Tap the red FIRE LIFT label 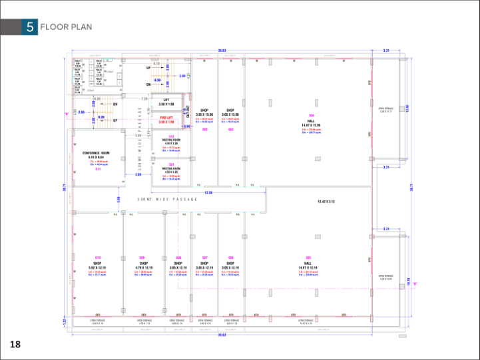pyautogui.click(x=166, y=118)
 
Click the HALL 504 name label pyautogui.click(x=310, y=121)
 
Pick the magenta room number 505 pyautogui.click(x=308, y=258)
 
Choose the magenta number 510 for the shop pyautogui.click(x=98, y=258)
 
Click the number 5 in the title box pyautogui.click(x=29, y=27)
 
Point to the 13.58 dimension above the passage pyautogui.click(x=208, y=192)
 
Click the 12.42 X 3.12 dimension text pyautogui.click(x=326, y=201)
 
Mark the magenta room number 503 pyautogui.click(x=230, y=129)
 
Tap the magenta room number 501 pyautogui.click(x=171, y=164)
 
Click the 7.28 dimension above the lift pyautogui.click(x=144, y=98)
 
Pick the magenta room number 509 pyautogui.click(x=142, y=258)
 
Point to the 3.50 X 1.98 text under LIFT pyautogui.click(x=166, y=104)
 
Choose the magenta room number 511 pyautogui.click(x=98, y=169)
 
